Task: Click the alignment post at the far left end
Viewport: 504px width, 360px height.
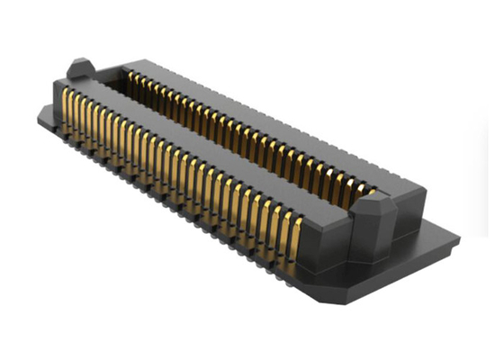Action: (79, 71)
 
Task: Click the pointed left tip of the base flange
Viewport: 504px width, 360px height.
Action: (39, 114)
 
